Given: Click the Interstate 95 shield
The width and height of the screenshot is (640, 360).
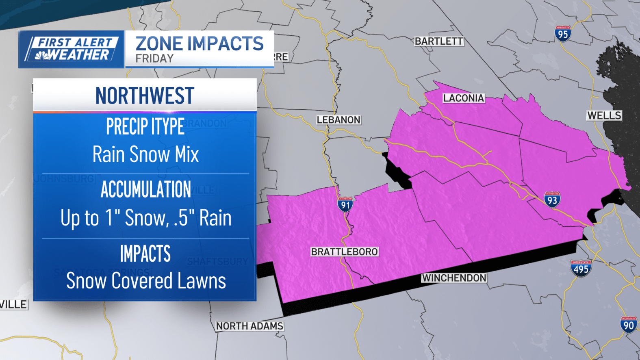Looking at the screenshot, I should click(563, 34).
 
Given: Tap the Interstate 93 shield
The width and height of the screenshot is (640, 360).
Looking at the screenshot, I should click(552, 200).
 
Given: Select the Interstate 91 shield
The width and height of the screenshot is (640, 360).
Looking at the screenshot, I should click(345, 204).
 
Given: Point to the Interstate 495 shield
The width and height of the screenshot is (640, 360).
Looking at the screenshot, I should click(581, 268).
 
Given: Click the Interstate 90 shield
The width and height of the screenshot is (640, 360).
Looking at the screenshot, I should click(628, 324).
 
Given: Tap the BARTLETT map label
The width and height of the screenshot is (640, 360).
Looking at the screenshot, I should click(438, 41).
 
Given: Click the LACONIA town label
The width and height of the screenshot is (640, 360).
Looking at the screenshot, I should click(463, 98).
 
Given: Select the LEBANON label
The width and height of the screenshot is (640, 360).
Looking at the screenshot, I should click(338, 120).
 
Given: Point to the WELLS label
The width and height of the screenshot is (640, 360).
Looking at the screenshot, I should click(604, 115).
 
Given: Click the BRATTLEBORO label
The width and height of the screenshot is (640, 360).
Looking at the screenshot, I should click(344, 252).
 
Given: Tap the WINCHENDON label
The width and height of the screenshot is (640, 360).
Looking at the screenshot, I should click(454, 278).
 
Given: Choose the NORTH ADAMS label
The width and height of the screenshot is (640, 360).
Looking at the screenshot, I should click(249, 326).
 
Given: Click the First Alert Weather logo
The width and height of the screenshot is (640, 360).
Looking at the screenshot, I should click(72, 49).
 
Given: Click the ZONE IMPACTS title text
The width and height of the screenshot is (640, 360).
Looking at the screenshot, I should click(200, 43).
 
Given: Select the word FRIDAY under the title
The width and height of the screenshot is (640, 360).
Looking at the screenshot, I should click(154, 59).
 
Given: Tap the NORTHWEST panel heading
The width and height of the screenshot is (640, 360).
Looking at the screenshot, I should click(145, 96).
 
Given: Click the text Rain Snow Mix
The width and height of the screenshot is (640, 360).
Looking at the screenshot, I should click(145, 154).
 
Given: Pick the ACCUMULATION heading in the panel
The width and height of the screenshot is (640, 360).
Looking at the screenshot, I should click(145, 189).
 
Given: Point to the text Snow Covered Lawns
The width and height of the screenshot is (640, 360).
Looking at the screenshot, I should click(145, 281).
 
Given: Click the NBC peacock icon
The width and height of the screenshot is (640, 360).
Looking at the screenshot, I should click(41, 55).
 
